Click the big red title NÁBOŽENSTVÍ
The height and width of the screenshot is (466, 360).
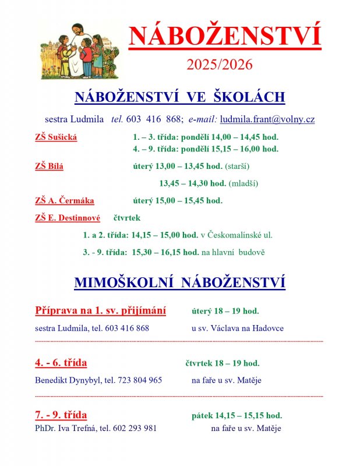click(x=225, y=37)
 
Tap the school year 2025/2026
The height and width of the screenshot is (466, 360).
click(x=220, y=65)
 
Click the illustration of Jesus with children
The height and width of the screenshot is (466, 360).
click(x=86, y=51)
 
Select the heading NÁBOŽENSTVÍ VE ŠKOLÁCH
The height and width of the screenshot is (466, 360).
click(x=179, y=97)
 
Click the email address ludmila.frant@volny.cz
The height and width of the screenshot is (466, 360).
click(x=267, y=119)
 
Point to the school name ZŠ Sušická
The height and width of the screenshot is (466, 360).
click(x=56, y=137)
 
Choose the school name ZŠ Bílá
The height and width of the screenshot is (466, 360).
click(x=50, y=166)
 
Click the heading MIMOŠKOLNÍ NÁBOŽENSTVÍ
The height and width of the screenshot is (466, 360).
click(x=179, y=283)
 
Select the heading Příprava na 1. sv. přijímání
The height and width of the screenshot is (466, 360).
click(x=100, y=310)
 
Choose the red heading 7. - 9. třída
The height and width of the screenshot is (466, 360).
click(x=61, y=415)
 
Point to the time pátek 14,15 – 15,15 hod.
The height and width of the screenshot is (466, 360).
click(x=237, y=415)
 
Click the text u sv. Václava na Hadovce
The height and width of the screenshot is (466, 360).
click(x=238, y=328)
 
